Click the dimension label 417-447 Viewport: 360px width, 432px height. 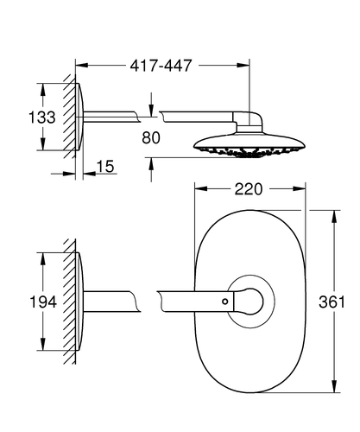coord(161,66)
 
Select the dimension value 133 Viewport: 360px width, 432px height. coord(42,118)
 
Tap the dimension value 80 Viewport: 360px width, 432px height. coord(151,137)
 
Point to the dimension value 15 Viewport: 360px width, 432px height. coord(105,167)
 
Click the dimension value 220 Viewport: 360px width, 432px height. coord(249,189)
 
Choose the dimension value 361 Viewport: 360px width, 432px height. coord(332,302)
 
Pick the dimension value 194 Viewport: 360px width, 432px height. coord(43,302)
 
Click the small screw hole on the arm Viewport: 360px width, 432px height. coord(225,302)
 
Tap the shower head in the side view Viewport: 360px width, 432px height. coord(249,145)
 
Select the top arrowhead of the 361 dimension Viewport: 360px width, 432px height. coord(334,216)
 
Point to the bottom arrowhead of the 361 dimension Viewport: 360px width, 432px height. coord(334,386)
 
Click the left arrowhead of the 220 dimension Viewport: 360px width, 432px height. coord(201,189)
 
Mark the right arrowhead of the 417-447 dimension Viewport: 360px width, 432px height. coord(243,66)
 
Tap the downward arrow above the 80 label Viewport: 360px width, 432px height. coord(151,111)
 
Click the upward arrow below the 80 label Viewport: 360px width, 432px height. coord(151,164)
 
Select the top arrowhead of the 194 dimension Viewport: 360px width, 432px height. coord(42,259)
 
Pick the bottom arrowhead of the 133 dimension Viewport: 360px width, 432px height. coord(42,143)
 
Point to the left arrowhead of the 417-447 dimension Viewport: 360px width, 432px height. coord(82,66)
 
